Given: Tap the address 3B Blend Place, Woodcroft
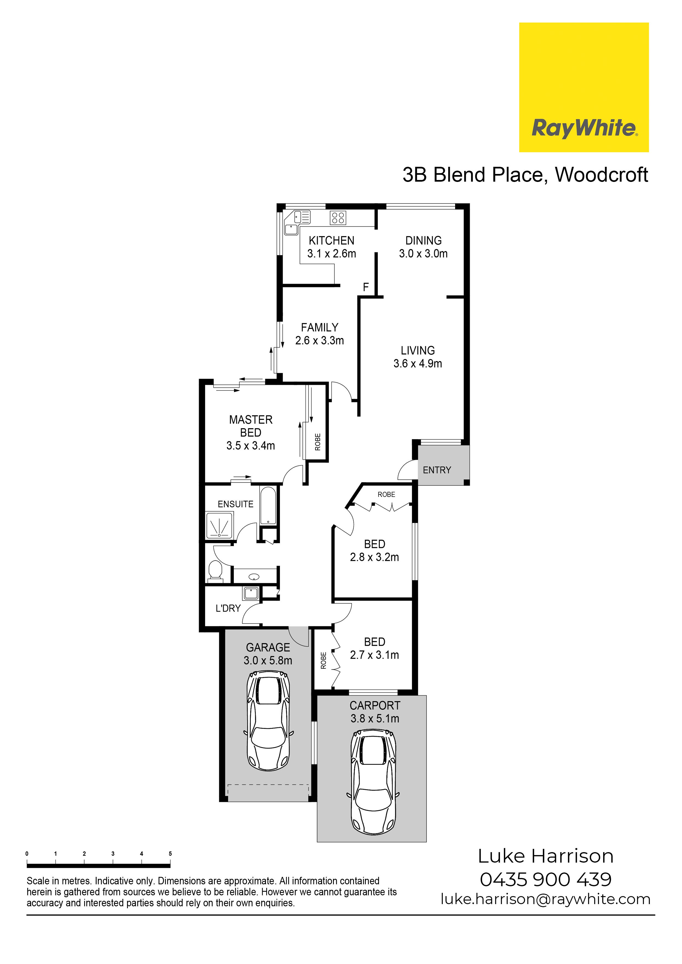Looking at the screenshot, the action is pos(525,175).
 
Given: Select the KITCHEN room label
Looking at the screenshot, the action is pos(332,240).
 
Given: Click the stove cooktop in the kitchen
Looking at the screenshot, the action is pos(338,217).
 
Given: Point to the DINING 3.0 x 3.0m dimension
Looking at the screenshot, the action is pos(423,254).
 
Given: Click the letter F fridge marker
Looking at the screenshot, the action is pos(365,287).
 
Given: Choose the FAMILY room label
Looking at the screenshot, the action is pos(319,328).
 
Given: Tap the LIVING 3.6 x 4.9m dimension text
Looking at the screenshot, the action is pos(418,364).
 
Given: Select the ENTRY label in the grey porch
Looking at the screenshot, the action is pos(437,470).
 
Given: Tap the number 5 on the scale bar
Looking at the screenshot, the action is pos(170,854).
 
